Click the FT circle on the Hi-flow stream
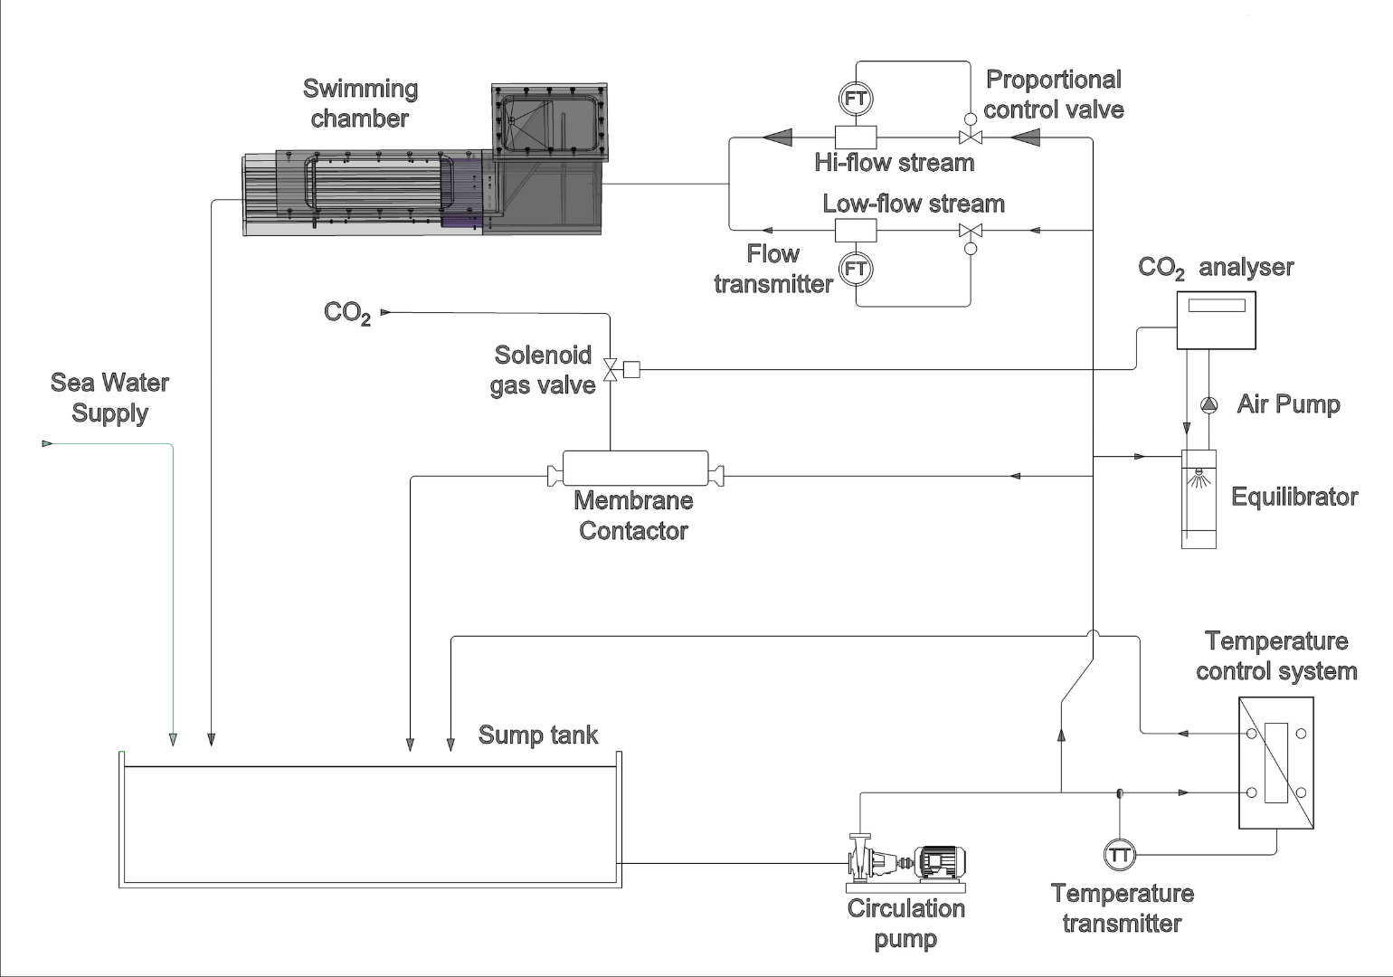coord(856,99)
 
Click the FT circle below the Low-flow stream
coord(856,269)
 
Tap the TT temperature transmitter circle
coord(1120,855)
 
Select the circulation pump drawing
coord(906,863)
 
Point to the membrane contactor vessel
coord(635,469)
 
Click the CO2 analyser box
coord(1216,320)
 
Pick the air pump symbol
coord(1208,405)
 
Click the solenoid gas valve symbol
coord(610,369)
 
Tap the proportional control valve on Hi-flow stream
coord(970,138)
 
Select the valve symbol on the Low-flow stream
coord(970,231)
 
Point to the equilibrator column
coord(1199,499)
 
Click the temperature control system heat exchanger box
coord(1276,763)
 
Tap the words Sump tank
coord(538,735)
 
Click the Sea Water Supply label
coord(109,398)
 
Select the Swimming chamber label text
coord(360,103)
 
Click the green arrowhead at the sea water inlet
coord(47,443)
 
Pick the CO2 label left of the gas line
coord(347,313)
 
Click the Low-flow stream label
coord(914,204)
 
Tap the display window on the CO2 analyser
coord(1217,306)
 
